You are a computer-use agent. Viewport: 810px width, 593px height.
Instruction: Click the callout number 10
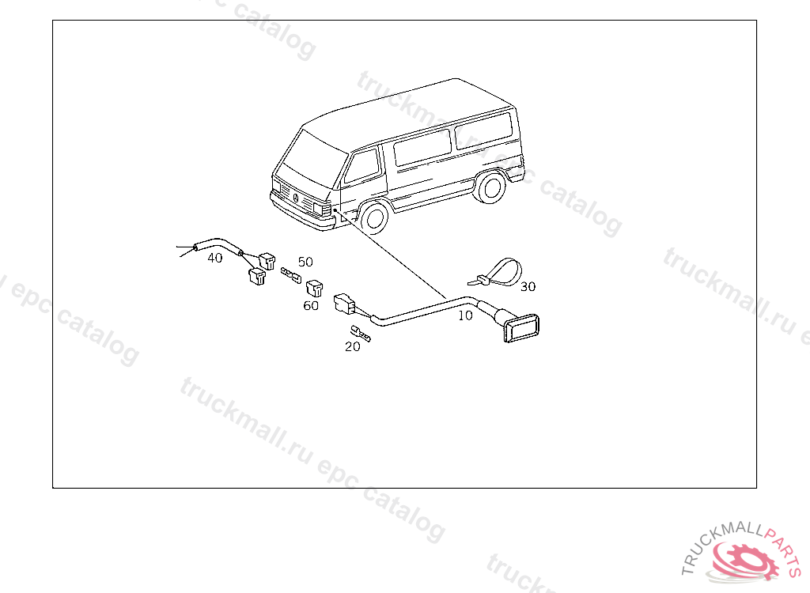coord(465,315)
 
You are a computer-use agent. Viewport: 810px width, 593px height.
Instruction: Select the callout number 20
coord(352,346)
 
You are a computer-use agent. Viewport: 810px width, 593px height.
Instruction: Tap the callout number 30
coord(528,286)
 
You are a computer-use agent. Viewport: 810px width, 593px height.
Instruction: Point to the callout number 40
coord(215,258)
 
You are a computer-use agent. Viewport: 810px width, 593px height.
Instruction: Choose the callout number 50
coord(305,262)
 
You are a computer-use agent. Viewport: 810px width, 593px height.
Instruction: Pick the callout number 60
coord(310,306)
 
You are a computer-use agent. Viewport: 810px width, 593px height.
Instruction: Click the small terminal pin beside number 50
coord(291,275)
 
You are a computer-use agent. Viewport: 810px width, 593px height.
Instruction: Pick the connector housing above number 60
coord(314,288)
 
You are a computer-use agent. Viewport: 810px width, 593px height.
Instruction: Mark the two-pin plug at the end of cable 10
coord(344,303)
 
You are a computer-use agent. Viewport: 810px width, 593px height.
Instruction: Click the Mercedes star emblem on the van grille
coord(296,199)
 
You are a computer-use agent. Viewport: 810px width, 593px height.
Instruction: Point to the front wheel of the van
coord(374,217)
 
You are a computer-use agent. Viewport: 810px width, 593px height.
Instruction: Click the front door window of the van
coord(361,166)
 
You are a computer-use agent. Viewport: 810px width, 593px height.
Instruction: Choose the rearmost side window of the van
coord(483,130)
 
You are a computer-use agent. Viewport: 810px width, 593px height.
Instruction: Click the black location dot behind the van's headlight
coord(335,210)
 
